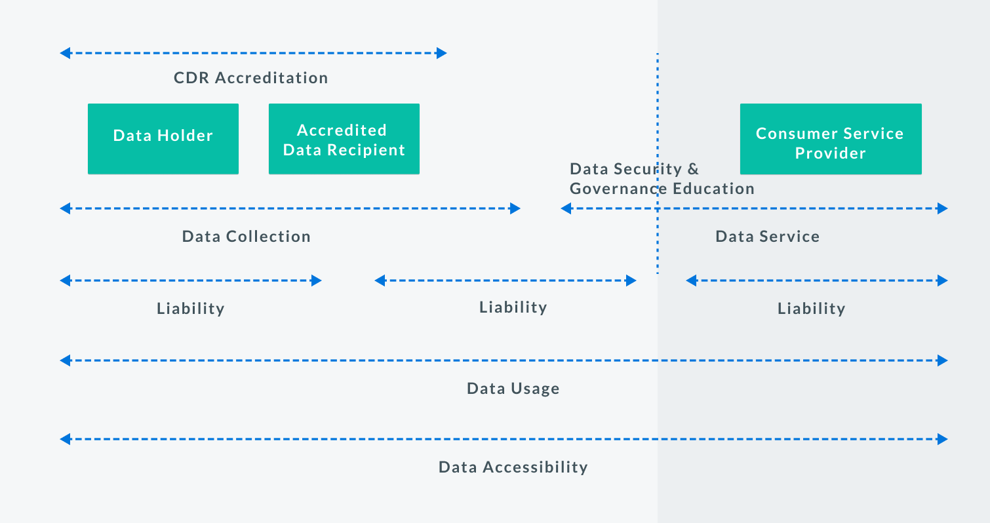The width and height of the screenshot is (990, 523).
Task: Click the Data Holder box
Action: coord(163,139)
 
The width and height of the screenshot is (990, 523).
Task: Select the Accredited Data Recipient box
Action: coord(344,139)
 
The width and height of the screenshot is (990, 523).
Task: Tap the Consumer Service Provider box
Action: coord(831,139)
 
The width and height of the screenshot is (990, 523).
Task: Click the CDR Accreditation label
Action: coord(250,78)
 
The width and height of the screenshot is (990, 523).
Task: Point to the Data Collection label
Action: coord(246,237)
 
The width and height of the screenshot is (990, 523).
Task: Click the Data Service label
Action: coord(767,237)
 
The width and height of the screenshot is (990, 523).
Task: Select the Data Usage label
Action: coord(513,389)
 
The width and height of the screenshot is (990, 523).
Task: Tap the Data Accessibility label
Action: coord(513,467)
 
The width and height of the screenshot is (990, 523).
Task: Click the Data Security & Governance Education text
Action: coord(662,178)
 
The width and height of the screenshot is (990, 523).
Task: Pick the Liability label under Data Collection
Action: coord(191,308)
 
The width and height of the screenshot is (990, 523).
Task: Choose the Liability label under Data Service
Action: coord(812,308)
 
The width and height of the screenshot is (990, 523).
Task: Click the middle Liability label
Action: coord(513,307)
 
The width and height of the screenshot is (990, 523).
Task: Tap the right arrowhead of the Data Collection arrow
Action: coord(515,208)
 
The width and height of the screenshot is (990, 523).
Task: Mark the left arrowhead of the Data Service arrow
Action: coord(566,208)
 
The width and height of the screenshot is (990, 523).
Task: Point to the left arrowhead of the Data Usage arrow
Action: coord(65,360)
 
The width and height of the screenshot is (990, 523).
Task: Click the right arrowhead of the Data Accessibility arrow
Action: coord(943,439)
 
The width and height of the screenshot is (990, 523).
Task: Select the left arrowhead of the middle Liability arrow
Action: coord(380,281)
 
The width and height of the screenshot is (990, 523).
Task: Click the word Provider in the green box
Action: coord(831,153)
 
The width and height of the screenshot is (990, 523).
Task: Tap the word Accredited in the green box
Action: coord(342,130)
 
